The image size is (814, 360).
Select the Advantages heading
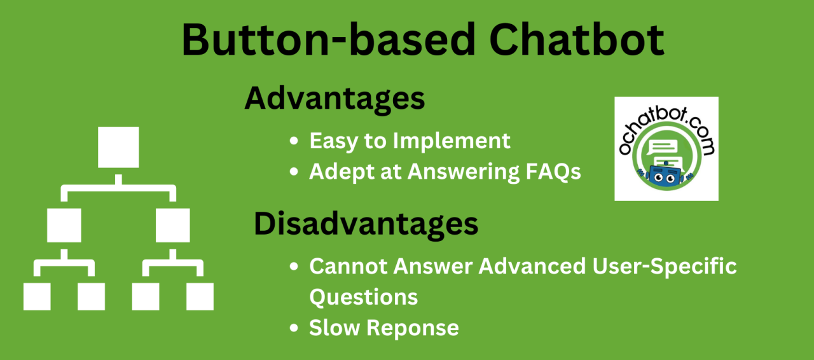(335, 99)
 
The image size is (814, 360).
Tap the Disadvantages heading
(366, 224)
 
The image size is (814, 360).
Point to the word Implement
(452, 141)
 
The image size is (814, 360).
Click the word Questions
(364, 296)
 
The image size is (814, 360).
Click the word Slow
(335, 328)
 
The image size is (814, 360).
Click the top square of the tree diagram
(118, 148)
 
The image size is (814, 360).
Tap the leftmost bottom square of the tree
(37, 296)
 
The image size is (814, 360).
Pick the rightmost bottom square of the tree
(200, 296)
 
